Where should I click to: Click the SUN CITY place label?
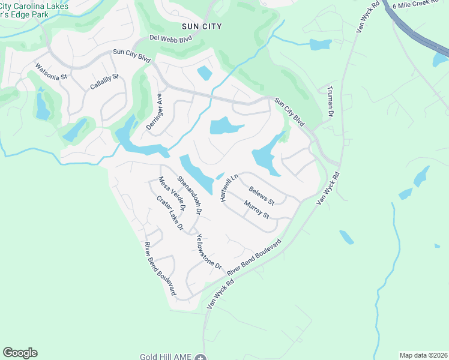point(202,26)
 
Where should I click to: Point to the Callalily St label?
point(104,82)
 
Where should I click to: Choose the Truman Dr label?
point(329,100)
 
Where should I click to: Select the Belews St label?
point(262,194)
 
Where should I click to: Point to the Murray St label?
point(256,210)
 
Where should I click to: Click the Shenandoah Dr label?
point(189,194)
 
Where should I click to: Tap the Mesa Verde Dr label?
point(172,193)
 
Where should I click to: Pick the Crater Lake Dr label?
point(170,213)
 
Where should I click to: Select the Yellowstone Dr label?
point(209,251)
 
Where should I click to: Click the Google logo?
point(20,353)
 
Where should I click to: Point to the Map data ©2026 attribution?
point(423,355)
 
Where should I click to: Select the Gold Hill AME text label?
point(165,356)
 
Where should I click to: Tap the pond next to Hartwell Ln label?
point(220,176)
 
